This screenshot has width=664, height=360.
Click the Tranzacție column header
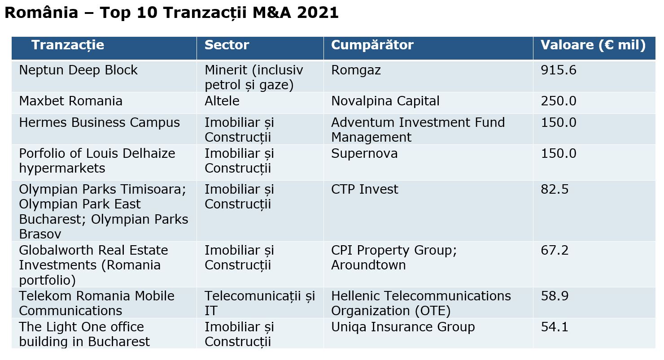(68, 45)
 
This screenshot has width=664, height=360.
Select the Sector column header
(227, 45)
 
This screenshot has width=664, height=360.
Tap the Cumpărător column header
(372, 45)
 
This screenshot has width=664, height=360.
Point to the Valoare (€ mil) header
(593, 45)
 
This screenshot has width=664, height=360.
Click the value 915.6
(559, 70)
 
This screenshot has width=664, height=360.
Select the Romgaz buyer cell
(356, 70)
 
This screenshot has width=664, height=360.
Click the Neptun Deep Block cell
(78, 70)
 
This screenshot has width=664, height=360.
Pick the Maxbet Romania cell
(70, 101)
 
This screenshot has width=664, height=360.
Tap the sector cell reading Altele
(222, 101)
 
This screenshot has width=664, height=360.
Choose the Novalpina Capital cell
(385, 101)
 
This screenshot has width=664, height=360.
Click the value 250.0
(559, 101)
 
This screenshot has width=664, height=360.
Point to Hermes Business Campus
(99, 123)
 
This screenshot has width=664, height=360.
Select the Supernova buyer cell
(364, 154)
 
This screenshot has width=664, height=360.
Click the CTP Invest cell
(364, 189)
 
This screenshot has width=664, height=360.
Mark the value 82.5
(555, 189)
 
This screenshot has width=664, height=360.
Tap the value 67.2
(555, 250)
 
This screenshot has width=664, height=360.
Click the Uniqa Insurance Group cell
(403, 327)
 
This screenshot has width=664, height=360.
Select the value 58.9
(555, 296)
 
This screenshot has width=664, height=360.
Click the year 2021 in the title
(318, 13)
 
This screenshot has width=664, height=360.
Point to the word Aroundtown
(368, 265)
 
